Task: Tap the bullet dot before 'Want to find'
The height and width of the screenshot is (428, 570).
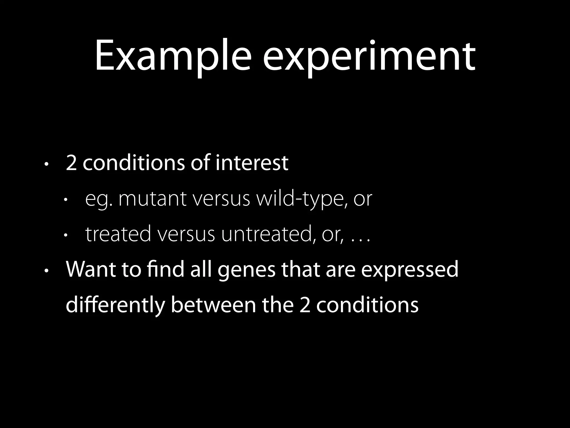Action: [x=46, y=271]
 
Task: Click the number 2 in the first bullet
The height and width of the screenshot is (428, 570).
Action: [x=71, y=163]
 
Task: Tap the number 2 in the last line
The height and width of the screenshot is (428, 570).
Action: [x=305, y=305]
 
